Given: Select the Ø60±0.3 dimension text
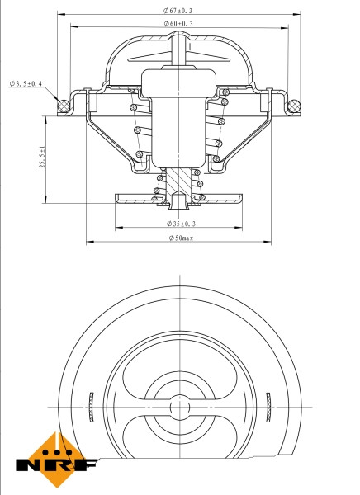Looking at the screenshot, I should pos(178,24).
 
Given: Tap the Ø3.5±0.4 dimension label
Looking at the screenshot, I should pos(26,83).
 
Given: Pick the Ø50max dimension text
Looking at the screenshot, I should pos(179,238).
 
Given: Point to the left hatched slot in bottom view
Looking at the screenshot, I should pos(88,406).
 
